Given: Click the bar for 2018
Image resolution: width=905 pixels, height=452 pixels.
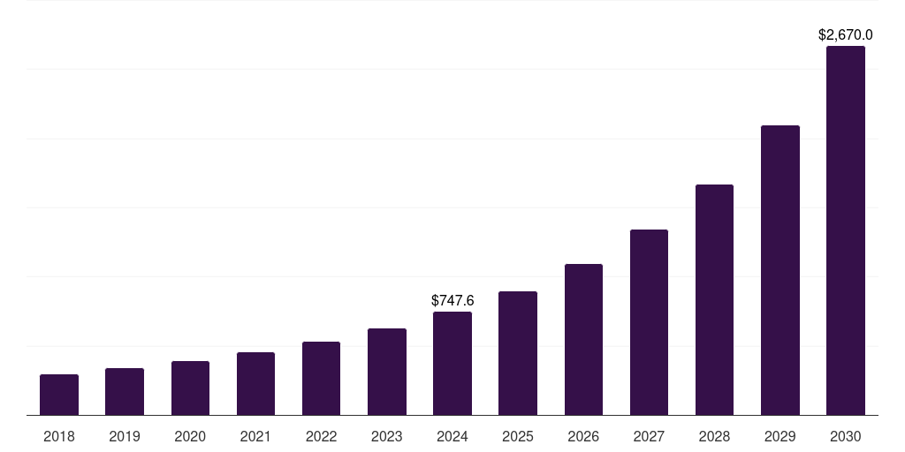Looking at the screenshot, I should pos(59,395).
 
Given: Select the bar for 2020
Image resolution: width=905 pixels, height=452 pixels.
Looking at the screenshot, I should pos(190,388).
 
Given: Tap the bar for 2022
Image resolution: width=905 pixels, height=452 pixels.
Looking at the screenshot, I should pos(321,379).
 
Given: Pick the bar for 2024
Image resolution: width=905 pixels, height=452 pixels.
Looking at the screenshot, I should pos(452,364).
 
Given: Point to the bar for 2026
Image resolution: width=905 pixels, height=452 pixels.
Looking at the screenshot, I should pos(583,340).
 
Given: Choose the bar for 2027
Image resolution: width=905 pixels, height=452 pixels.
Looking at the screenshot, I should pos(649,322).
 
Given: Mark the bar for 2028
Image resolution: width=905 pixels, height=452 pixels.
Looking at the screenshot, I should pos(714,300).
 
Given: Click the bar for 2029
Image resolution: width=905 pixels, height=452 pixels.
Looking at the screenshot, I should pos(780,270).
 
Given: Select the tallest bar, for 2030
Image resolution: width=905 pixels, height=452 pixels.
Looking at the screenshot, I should pos(846,230).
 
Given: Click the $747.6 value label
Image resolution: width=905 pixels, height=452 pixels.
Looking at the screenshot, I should pos(452,301).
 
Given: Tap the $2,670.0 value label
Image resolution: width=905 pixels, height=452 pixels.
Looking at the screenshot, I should pos(846,35).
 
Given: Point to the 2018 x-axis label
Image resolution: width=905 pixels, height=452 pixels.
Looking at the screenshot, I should pos(59,436).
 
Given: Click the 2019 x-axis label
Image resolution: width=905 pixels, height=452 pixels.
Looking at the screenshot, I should pos(125,436).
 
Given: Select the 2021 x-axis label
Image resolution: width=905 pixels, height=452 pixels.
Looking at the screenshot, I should pos(255,436).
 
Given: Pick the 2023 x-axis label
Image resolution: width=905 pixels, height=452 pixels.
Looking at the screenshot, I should pos(387,436).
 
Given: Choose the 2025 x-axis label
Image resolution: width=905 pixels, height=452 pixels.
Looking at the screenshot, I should pos(518,436).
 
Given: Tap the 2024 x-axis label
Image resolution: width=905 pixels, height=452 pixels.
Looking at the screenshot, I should pos(452,436).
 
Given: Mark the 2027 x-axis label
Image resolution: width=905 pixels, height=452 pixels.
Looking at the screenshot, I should pos(649,436).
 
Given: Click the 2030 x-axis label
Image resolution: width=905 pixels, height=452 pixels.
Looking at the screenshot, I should pos(846,436).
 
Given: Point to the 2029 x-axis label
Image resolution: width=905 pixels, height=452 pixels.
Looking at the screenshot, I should pos(780,436).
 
